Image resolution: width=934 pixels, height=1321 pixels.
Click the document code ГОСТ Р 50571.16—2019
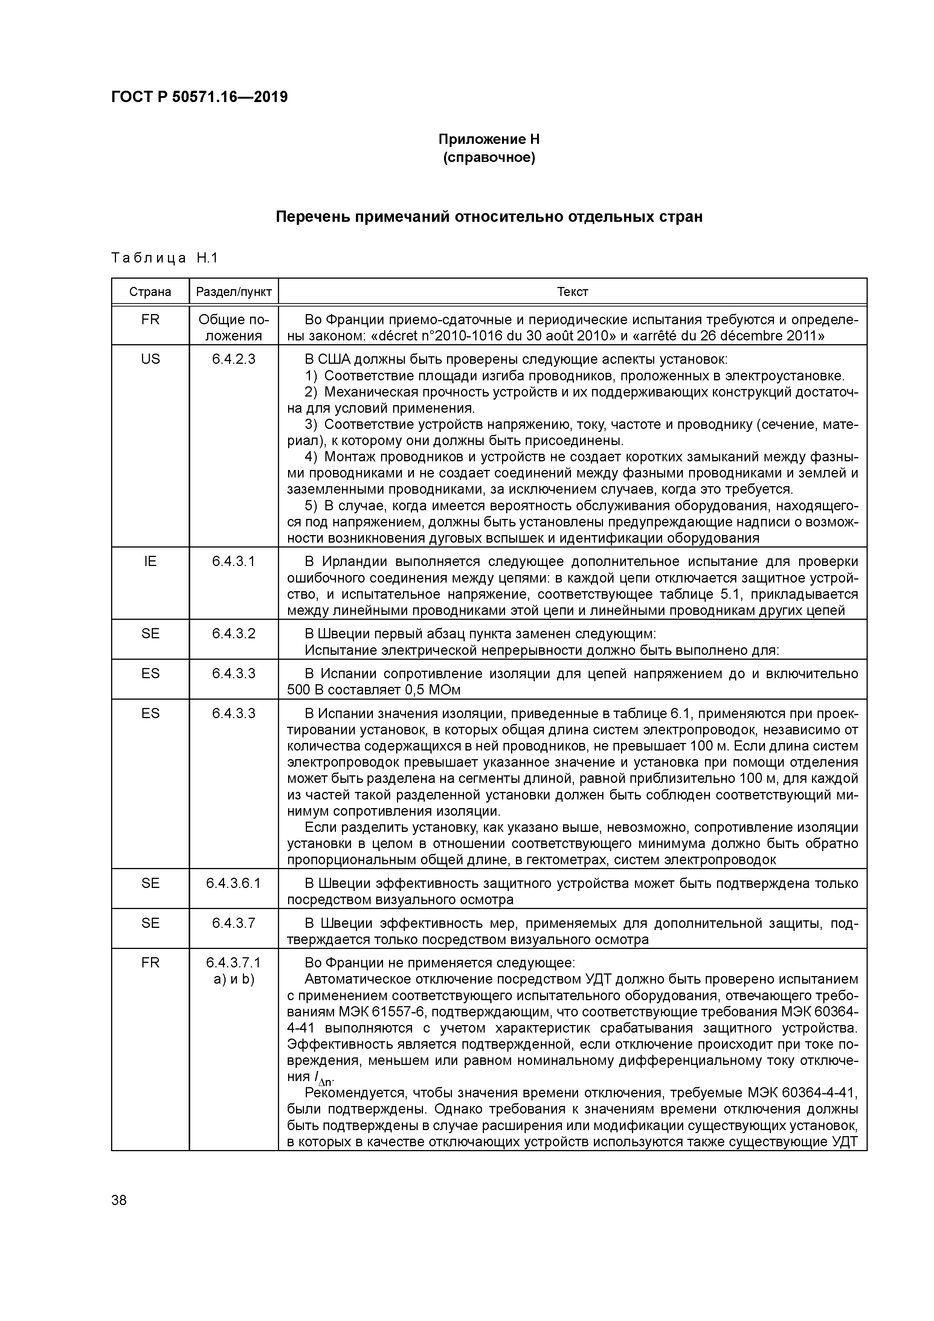coord(199,97)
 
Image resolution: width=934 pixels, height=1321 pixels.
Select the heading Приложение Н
coord(488,139)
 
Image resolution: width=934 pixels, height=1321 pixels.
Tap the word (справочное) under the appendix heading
coord(488,158)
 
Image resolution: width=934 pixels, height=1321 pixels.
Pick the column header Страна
coord(150,292)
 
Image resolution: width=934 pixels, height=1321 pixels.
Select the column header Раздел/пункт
coord(233,292)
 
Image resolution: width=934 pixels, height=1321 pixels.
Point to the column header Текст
coord(572,292)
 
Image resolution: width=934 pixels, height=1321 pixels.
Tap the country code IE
coord(150,561)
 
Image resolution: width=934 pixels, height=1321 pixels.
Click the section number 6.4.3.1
coord(233,561)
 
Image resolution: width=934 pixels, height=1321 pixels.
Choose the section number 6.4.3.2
coord(233,633)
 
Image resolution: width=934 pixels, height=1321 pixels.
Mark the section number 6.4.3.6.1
coord(233,883)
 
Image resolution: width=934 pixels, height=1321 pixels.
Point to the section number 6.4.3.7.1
coord(233,963)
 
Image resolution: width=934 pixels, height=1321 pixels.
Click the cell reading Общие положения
coord(233,327)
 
